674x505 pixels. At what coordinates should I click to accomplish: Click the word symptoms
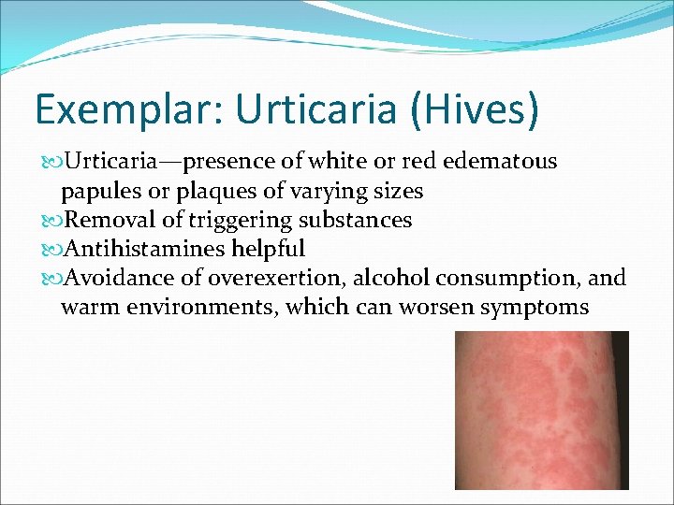click(x=535, y=307)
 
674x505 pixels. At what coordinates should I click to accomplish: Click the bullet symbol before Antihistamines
click(x=51, y=250)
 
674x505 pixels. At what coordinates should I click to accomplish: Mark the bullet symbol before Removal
click(x=51, y=221)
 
